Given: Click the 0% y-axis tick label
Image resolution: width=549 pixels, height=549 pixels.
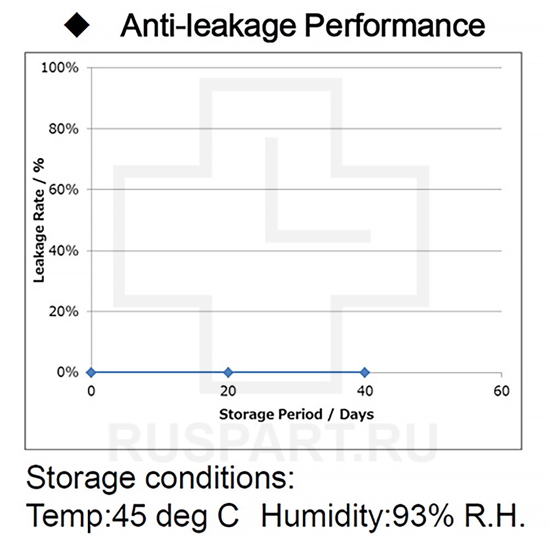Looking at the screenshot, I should coord(68,373).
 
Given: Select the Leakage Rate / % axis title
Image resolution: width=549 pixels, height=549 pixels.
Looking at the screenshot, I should coord(39,220).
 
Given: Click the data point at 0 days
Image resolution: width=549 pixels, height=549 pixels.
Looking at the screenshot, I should coord(91,373).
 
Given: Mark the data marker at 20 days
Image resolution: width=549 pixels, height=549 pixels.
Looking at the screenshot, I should coord(228,373).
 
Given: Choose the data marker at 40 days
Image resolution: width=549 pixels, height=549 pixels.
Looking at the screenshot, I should coord(365,373).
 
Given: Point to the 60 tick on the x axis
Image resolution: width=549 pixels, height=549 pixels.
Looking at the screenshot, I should coord(501,391).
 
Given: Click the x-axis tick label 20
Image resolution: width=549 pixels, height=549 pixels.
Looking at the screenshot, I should coord(228,391).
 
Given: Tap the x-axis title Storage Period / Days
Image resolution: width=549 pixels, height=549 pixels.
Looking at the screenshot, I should coord(296,414).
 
